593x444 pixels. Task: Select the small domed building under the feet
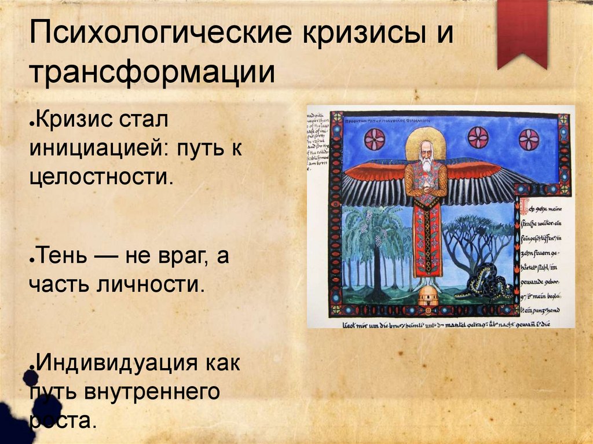pyautogui.click(x=429, y=295)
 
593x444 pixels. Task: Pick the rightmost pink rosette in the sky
pyautogui.click(x=528, y=139)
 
